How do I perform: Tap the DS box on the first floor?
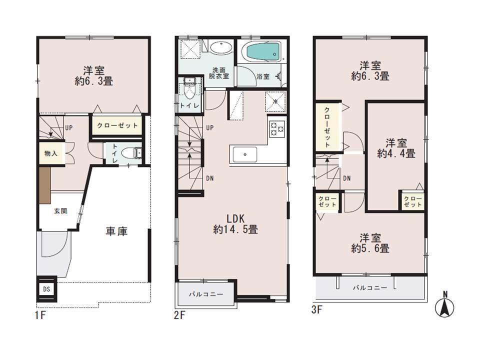46,288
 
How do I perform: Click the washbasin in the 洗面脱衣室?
219,49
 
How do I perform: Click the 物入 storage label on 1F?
51,153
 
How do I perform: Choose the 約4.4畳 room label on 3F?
395,148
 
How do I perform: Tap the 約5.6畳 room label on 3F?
370,242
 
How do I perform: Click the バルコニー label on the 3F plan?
370,287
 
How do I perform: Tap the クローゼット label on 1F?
117,125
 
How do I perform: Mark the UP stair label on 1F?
69,127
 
